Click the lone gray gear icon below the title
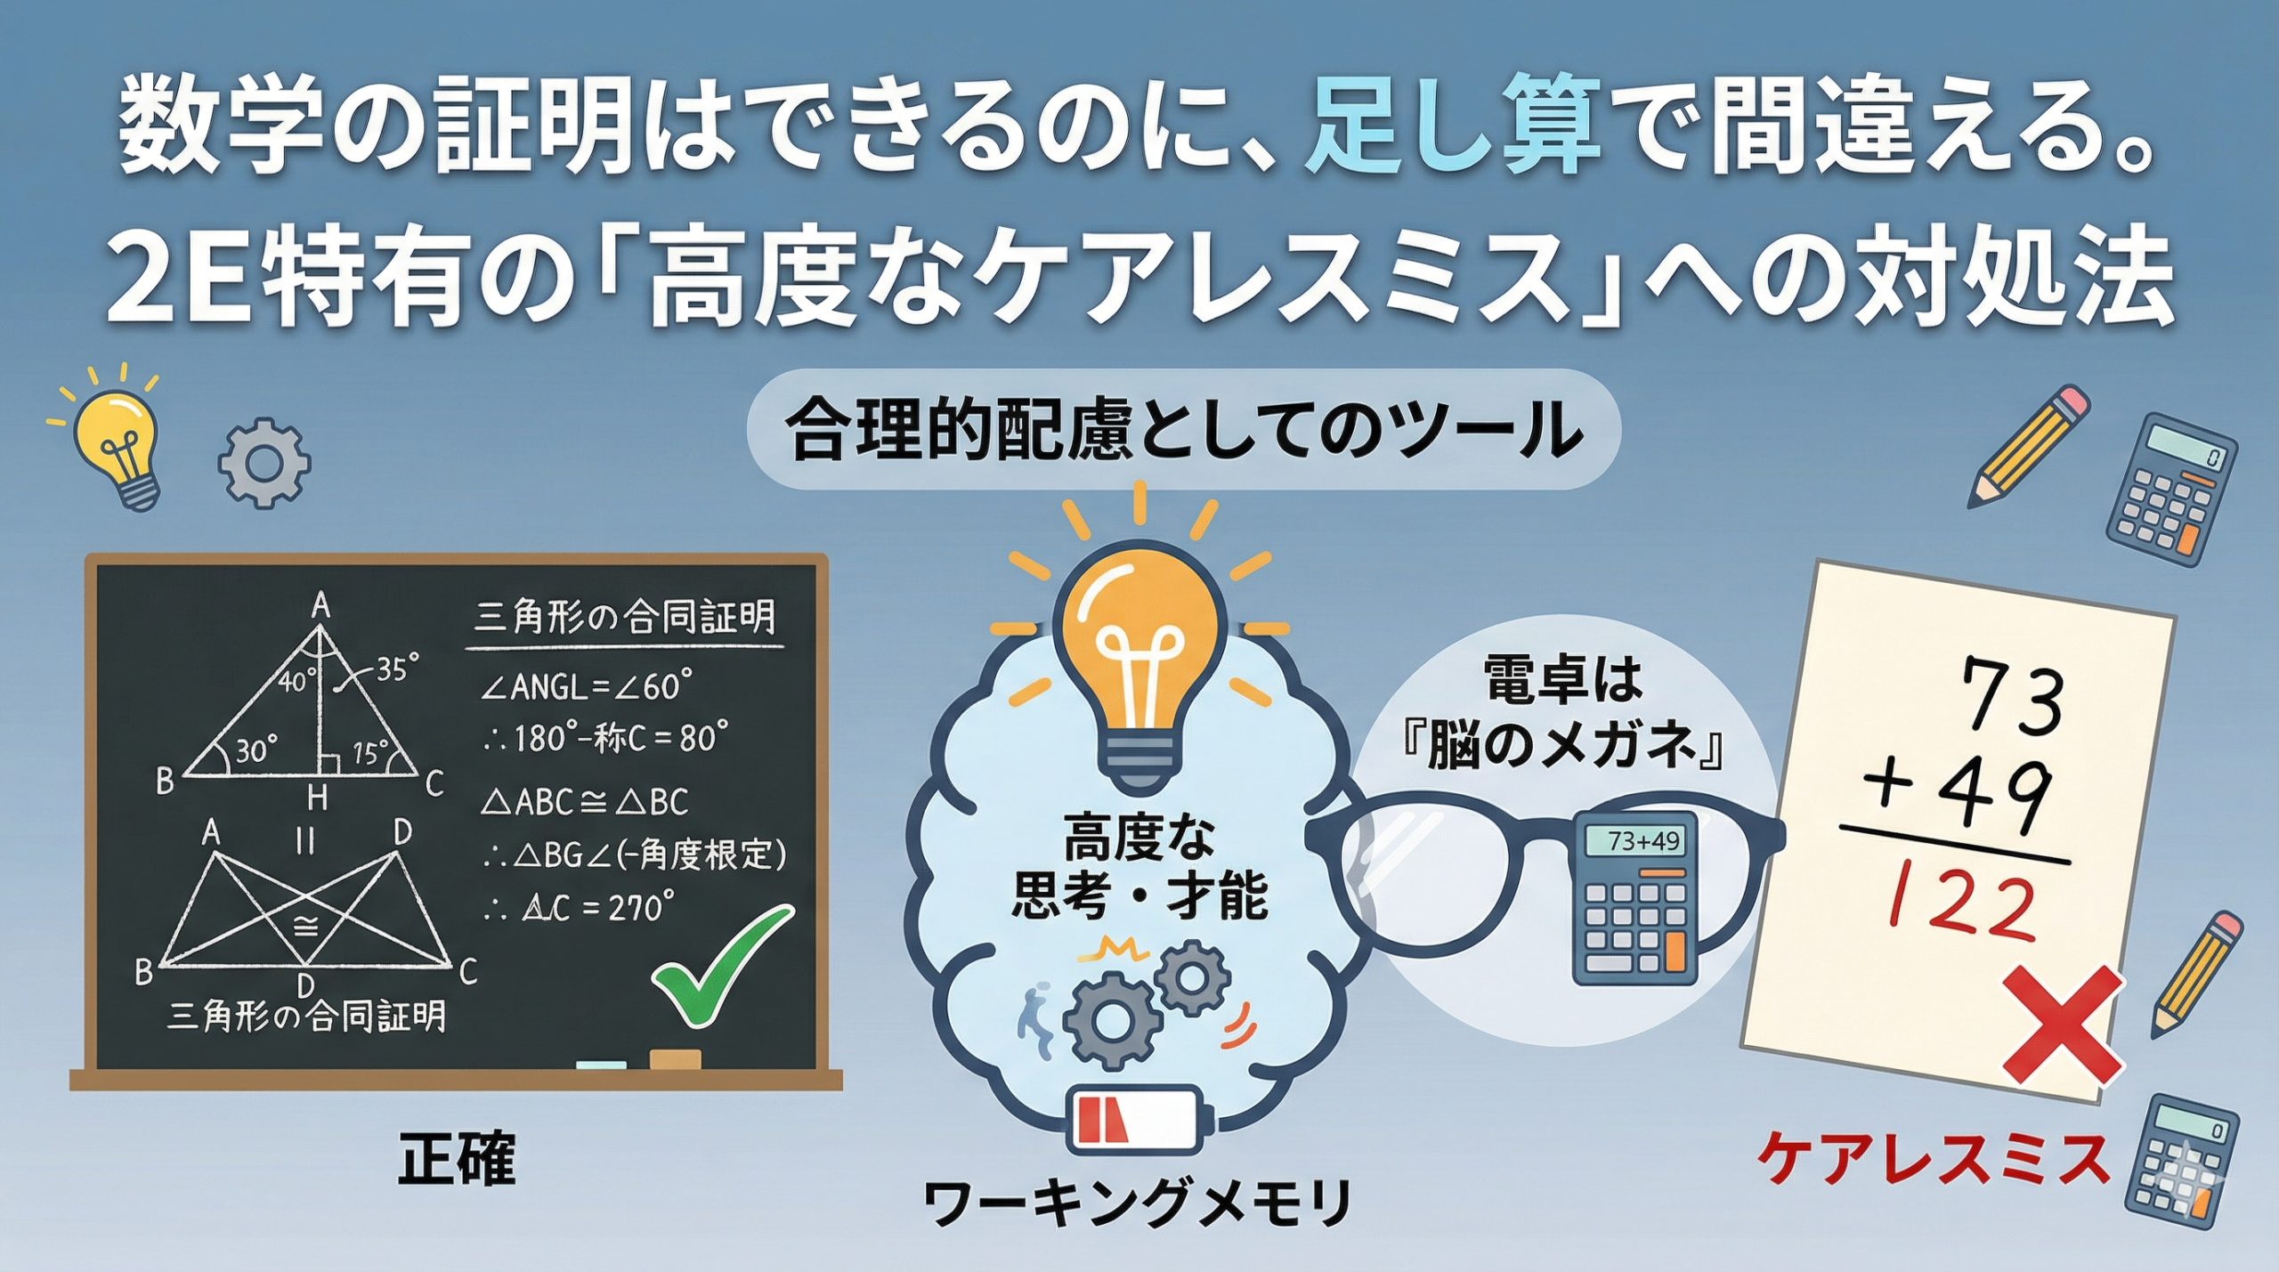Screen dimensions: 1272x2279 pos(264,464)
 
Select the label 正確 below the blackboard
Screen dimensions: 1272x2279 pos(456,1159)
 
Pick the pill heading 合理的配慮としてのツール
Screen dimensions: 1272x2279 pos(1183,430)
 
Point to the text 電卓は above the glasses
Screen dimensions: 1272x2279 pos(1562,681)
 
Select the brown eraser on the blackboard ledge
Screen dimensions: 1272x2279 pos(674,1059)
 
